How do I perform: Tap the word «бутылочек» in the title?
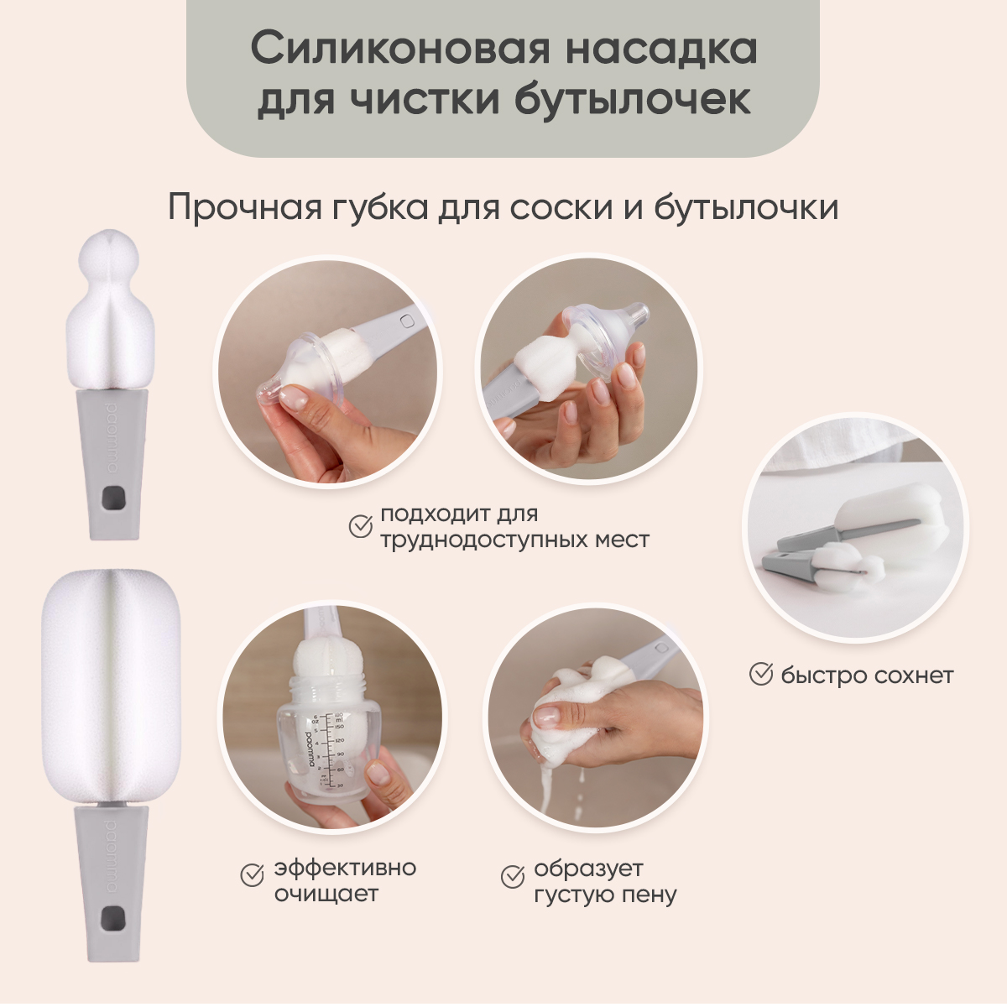pyautogui.click(x=633, y=97)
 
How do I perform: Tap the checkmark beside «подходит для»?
pyautogui.click(x=361, y=526)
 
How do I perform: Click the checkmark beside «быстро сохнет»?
pyautogui.click(x=761, y=674)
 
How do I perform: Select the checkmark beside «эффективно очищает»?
pyautogui.click(x=252, y=874)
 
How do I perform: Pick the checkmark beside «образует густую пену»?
pyautogui.click(x=513, y=876)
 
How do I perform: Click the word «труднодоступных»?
pyautogui.click(x=476, y=540)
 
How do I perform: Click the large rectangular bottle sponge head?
pyautogui.click(x=112, y=686)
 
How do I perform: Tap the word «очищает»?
pyautogui.click(x=326, y=894)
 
